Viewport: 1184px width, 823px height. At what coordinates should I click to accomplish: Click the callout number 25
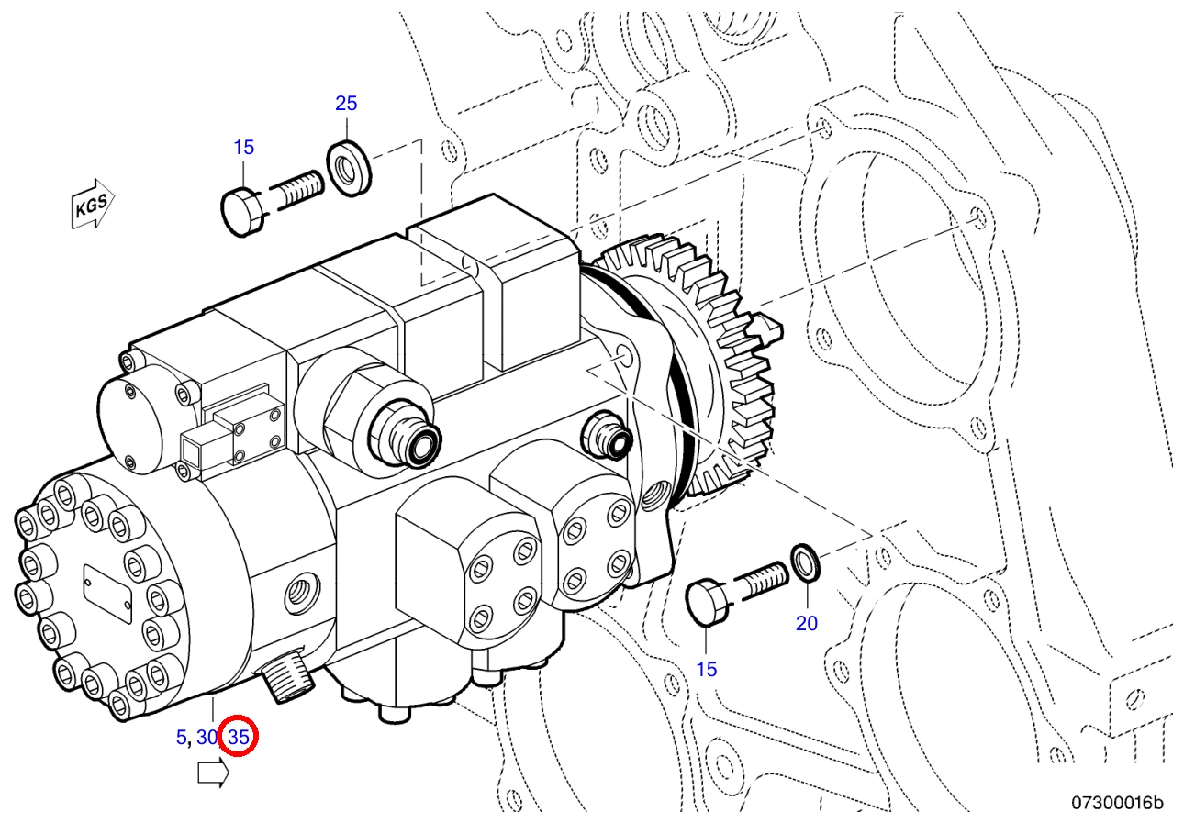coord(346,103)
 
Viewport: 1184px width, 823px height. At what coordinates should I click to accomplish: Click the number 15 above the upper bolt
coord(243,148)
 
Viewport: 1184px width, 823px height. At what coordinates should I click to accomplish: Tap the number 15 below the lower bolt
coord(706,670)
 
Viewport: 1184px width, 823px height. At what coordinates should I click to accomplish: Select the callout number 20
coord(807,624)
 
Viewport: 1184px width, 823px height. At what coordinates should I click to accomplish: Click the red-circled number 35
coord(239,738)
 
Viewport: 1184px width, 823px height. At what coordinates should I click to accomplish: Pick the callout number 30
coord(207,738)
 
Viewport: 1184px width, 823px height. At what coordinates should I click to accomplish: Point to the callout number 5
coord(182,738)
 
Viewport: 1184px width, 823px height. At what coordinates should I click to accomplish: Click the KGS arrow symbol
coord(93,204)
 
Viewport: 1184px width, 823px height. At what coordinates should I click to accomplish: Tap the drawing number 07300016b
coord(1117,803)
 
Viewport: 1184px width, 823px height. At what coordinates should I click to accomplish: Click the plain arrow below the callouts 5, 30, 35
coord(214,773)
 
